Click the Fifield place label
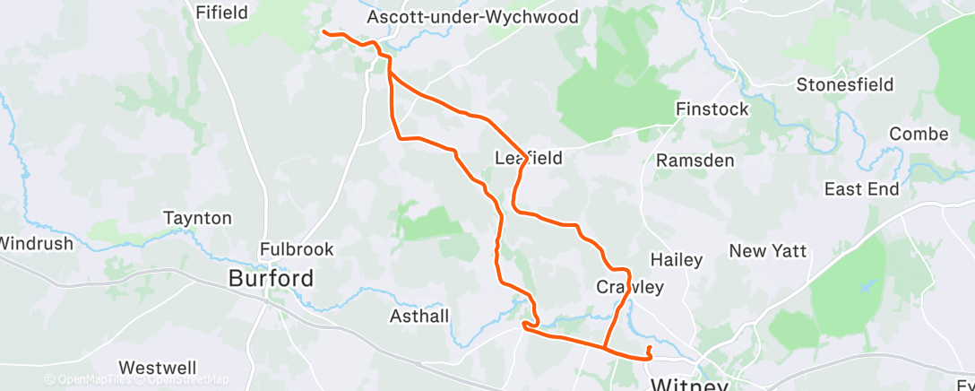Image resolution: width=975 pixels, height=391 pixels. (x=221, y=13)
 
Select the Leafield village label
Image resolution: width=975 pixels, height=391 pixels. (x=529, y=159)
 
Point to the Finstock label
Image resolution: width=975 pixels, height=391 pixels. (x=712, y=109)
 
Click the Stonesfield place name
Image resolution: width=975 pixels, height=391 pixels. (x=845, y=85)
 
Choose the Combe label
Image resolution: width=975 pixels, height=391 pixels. (x=918, y=135)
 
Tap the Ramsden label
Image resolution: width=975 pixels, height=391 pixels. (x=695, y=161)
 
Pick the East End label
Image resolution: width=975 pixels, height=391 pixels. (x=860, y=189)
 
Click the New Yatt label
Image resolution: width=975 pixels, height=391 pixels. (x=768, y=251)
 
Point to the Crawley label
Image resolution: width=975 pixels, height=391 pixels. (x=630, y=288)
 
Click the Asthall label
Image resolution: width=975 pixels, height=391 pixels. (x=419, y=317)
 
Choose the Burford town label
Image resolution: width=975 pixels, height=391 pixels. (x=271, y=279)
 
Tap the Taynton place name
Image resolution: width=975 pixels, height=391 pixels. (x=197, y=218)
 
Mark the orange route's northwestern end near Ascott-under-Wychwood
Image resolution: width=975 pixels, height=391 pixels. (x=324, y=32)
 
